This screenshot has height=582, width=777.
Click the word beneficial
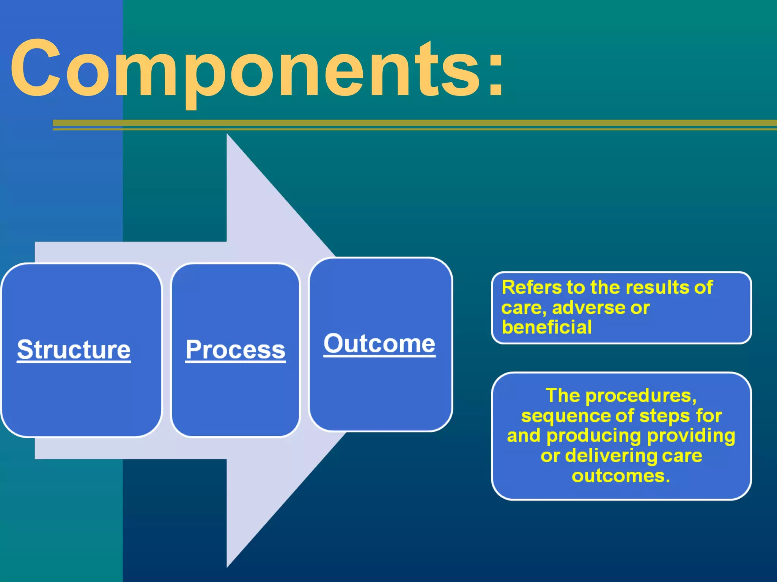click(546, 327)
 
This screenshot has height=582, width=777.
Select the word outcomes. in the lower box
click(621, 476)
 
